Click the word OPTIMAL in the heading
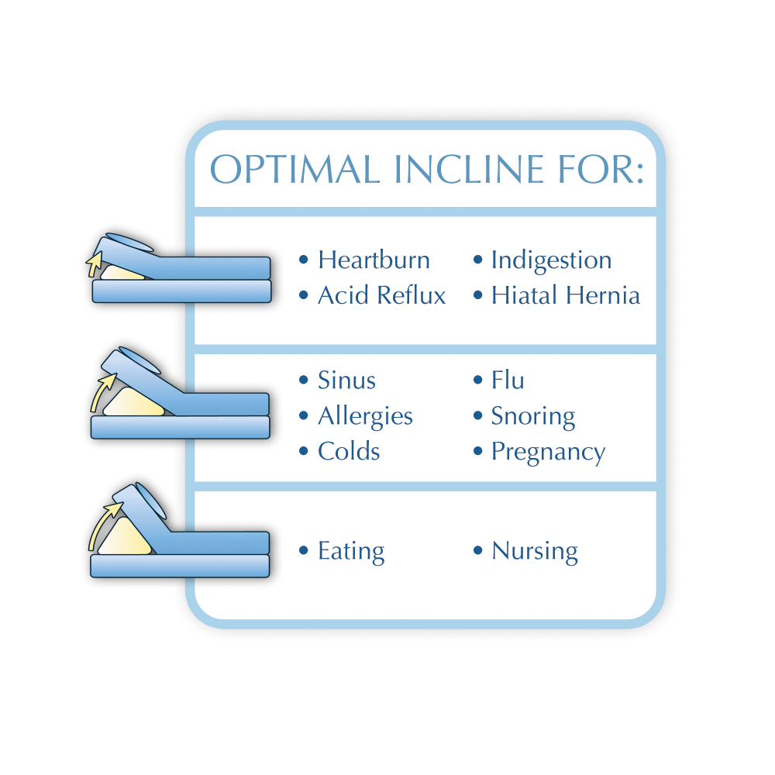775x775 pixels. click(x=295, y=170)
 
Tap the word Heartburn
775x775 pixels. click(x=374, y=260)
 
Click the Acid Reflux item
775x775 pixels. click(x=381, y=295)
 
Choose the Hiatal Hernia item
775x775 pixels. click(x=566, y=295)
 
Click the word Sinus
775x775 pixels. click(x=346, y=380)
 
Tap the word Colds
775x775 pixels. click(x=349, y=451)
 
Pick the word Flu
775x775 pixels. click(x=508, y=380)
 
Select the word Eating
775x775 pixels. click(x=351, y=552)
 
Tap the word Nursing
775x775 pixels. click(x=535, y=552)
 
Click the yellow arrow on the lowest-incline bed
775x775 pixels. click(x=94, y=264)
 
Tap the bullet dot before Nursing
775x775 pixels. click(x=477, y=550)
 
